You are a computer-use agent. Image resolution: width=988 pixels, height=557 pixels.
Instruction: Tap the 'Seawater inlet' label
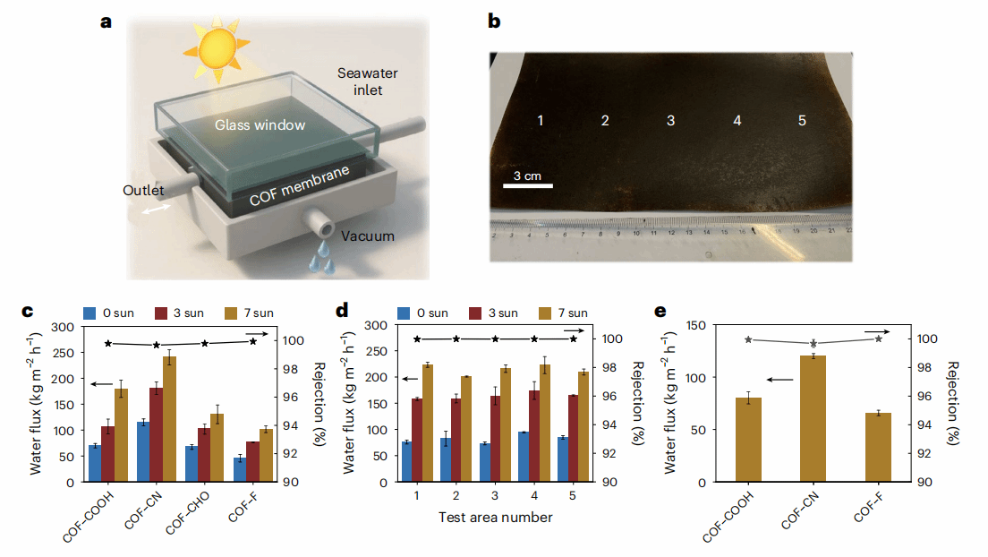click(361, 81)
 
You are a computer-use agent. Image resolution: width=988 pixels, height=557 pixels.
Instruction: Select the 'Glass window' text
click(260, 125)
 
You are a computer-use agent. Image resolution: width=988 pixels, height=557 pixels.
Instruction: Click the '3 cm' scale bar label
click(526, 176)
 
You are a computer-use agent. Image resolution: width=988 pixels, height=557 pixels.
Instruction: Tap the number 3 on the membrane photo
click(670, 120)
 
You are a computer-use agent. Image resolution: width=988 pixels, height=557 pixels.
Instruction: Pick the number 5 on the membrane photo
click(802, 120)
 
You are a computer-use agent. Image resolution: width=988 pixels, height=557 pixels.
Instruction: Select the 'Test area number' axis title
click(495, 517)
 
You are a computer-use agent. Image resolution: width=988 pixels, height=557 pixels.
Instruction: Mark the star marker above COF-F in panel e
click(879, 338)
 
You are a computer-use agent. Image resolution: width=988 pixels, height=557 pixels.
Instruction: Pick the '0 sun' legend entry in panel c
click(113, 313)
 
